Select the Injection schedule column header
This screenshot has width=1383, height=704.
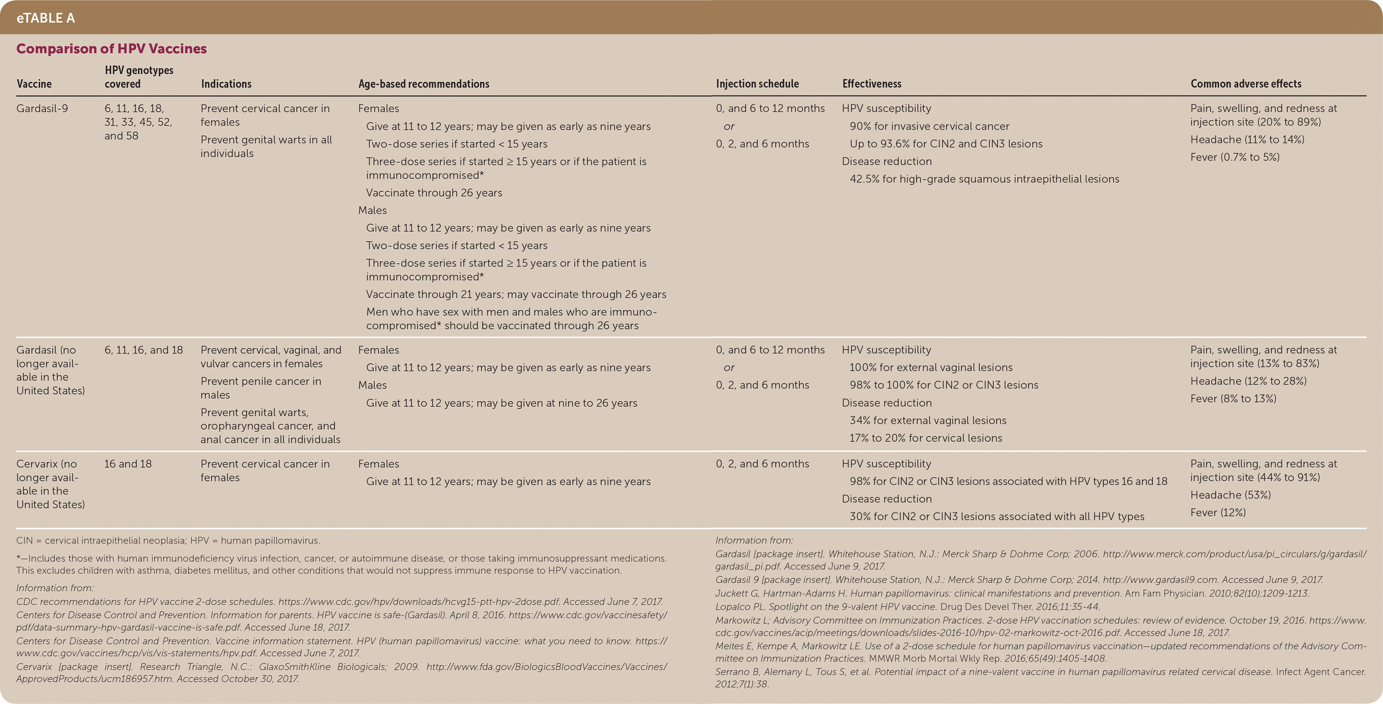tap(757, 84)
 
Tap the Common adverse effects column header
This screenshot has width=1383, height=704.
tap(1246, 84)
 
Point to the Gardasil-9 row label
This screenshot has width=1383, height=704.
tap(42, 108)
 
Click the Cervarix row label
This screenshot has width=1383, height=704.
tap(50, 484)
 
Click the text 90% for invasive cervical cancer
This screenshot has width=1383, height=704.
tap(929, 126)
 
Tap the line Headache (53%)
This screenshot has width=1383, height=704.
tap(1230, 495)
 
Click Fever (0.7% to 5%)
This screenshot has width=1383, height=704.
tap(1235, 157)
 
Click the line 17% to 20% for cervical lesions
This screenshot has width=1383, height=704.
tap(926, 438)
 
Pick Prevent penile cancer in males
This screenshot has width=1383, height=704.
tap(261, 388)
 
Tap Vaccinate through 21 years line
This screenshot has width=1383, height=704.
tap(515, 294)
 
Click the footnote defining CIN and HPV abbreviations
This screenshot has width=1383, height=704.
tap(168, 541)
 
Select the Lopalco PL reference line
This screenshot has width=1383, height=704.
tap(907, 607)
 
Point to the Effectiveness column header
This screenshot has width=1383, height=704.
tap(871, 84)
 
